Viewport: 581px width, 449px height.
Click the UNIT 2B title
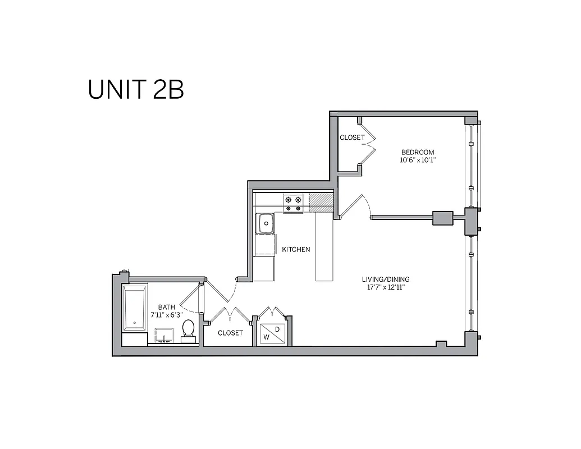point(136,90)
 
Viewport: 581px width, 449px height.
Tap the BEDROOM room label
point(417,152)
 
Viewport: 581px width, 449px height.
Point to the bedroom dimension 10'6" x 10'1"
point(417,160)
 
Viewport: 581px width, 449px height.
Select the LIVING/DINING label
point(386,280)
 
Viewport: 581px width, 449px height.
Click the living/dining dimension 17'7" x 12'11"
point(386,288)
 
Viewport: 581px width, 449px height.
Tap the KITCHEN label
point(296,250)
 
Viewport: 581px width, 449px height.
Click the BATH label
point(167,307)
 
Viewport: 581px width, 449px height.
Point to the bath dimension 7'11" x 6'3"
point(167,315)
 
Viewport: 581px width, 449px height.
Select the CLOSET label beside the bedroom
point(352,138)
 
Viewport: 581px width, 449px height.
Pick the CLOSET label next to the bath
point(230,333)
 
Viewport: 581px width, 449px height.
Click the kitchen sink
point(265,223)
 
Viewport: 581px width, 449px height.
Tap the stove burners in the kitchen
point(292,203)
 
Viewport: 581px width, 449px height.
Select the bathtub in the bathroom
point(135,309)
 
